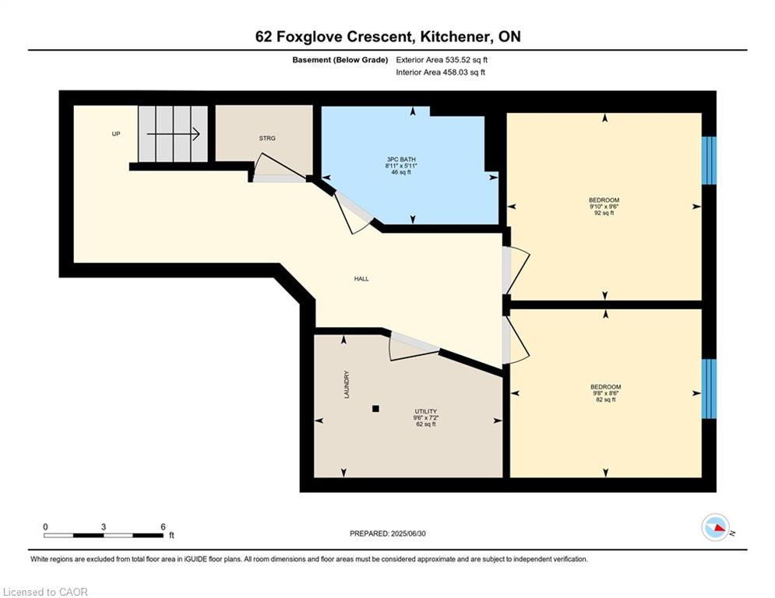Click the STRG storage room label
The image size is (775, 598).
tap(267, 139)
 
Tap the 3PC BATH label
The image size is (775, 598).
tap(401, 159)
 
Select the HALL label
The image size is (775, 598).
tap(361, 279)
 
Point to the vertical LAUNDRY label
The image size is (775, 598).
tap(347, 385)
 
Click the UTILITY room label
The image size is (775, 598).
tap(425, 411)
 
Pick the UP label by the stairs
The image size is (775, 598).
tap(116, 134)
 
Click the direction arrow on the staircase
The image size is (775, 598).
tap(173, 134)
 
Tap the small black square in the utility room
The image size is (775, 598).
tap(375, 409)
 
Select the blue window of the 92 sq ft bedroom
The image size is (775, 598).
tap(710, 160)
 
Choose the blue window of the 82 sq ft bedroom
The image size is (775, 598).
tap(710, 389)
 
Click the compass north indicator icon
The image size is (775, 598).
tap(716, 527)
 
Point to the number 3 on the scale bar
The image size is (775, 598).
tap(104, 527)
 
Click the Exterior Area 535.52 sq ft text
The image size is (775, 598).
tap(442, 60)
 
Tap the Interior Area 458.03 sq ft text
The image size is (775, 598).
tap(440, 72)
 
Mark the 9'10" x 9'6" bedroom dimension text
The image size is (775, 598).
tap(604, 206)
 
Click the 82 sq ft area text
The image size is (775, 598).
tap(605, 399)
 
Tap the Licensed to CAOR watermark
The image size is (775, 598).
tap(45, 592)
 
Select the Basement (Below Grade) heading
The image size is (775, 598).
tap(340, 60)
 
